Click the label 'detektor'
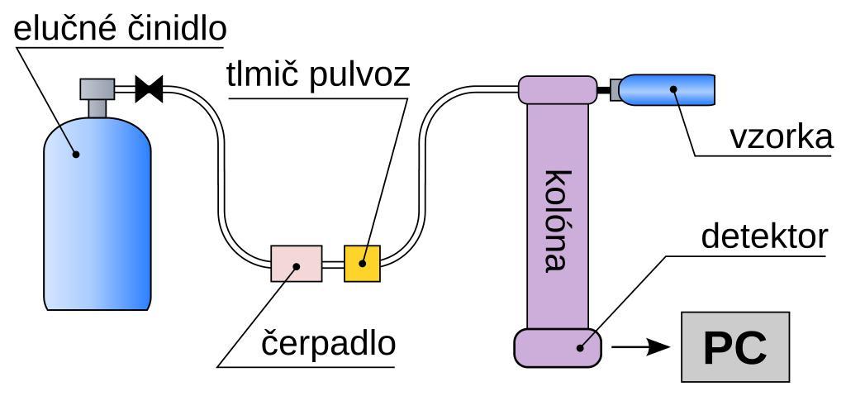(x=763, y=236)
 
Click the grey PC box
(x=734, y=347)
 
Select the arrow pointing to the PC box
(x=645, y=347)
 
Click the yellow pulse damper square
(x=362, y=264)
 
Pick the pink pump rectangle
(x=296, y=264)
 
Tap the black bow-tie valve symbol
(x=150, y=88)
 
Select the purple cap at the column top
(x=558, y=88)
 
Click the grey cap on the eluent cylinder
(x=97, y=88)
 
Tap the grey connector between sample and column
(x=615, y=89)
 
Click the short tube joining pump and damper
(x=332, y=265)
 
